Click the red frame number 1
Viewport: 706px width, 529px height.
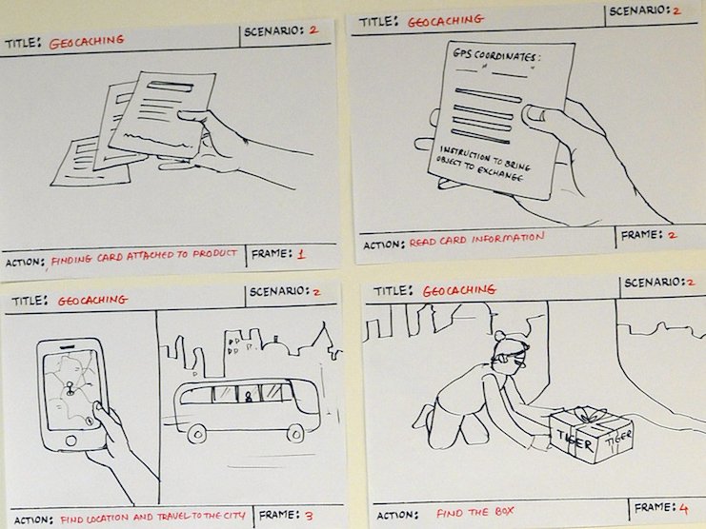click(x=301, y=254)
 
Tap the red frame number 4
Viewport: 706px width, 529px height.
click(x=683, y=509)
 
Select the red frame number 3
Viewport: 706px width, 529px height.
click(x=309, y=516)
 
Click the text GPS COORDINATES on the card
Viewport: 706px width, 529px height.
click(x=494, y=55)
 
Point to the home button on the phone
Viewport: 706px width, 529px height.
click(x=71, y=440)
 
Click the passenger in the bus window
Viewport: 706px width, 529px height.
click(x=248, y=396)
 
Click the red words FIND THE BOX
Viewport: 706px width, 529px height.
click(x=474, y=513)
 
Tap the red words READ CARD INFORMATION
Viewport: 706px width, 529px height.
click(x=476, y=240)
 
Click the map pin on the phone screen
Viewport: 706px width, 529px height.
click(x=70, y=388)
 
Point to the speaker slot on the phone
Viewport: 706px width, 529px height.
click(x=67, y=347)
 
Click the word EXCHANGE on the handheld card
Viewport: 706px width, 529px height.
click(x=500, y=174)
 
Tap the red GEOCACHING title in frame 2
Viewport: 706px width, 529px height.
click(x=445, y=20)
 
